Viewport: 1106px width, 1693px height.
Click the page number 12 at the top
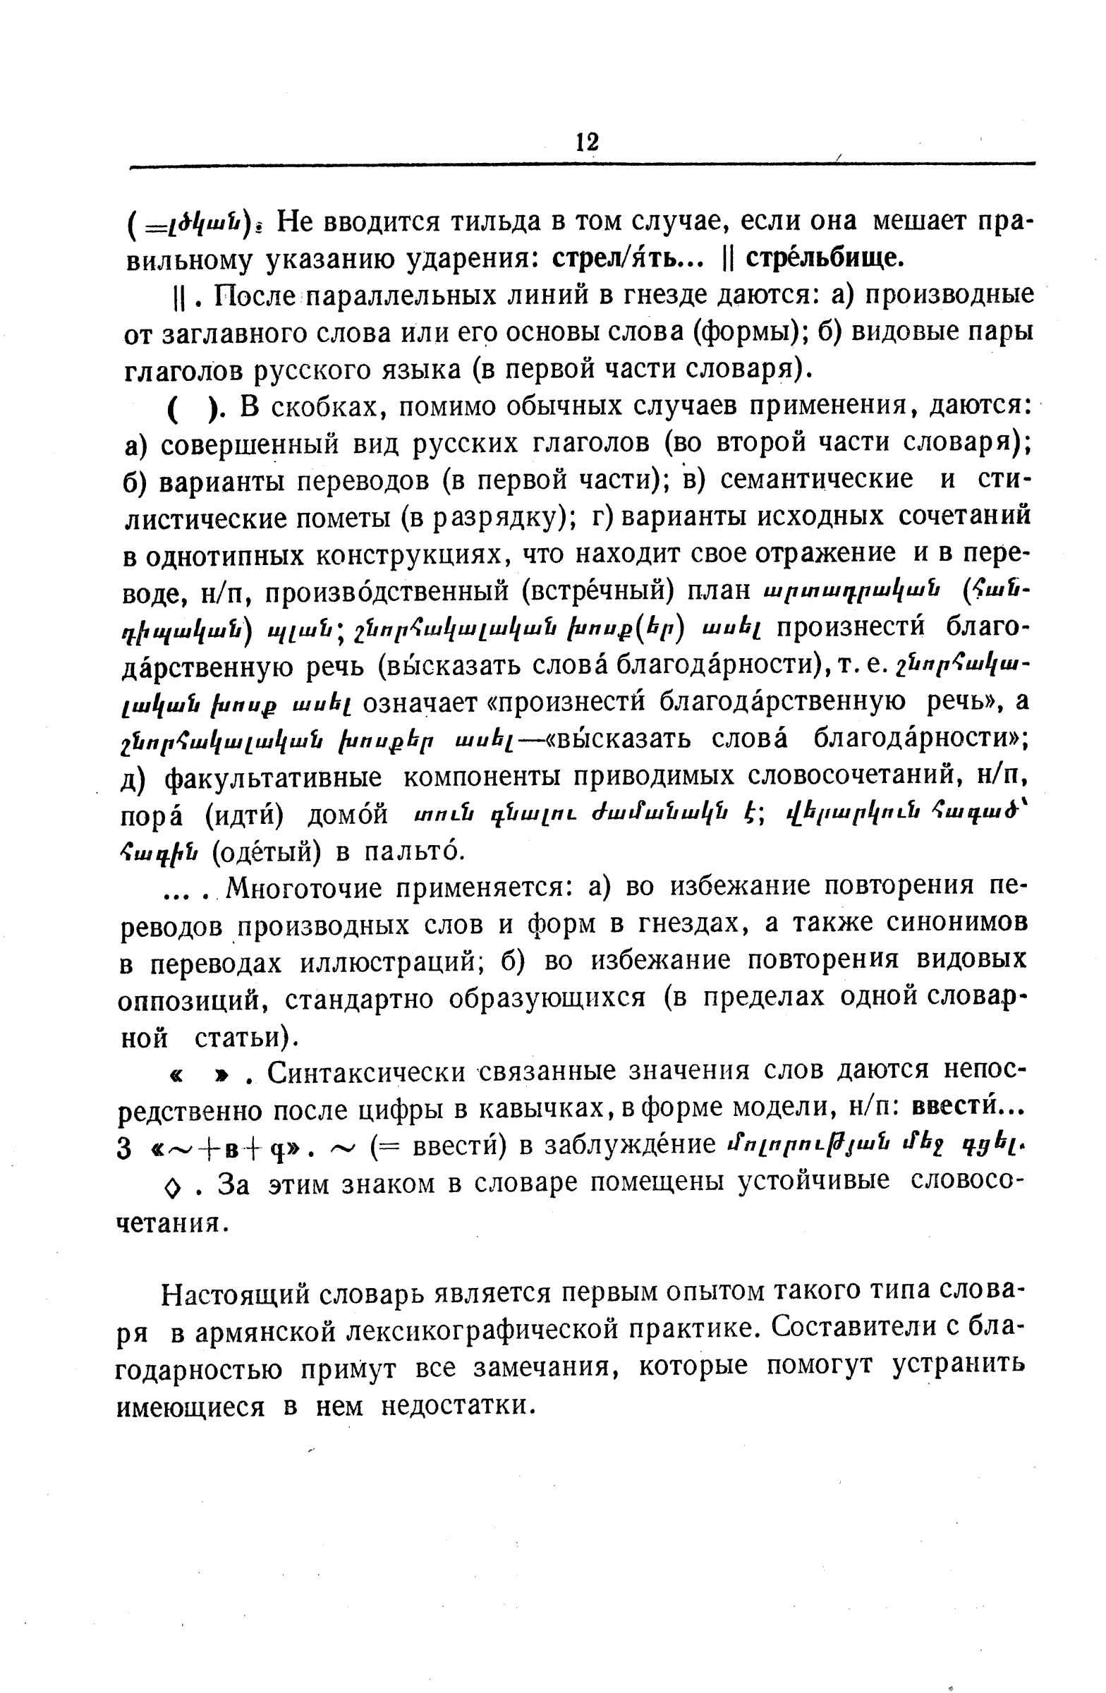point(587,142)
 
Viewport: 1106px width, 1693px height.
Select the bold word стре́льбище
point(825,258)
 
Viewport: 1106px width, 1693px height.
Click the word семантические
point(817,480)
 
